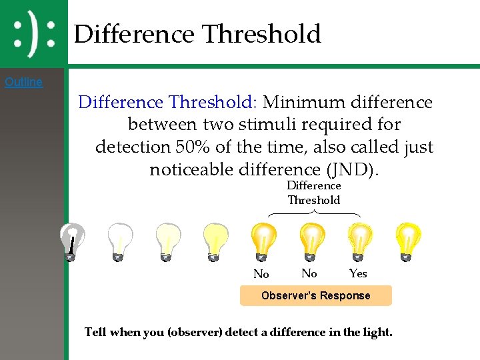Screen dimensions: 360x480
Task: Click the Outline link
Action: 23,83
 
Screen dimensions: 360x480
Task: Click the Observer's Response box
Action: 315,295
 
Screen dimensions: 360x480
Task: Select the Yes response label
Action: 358,273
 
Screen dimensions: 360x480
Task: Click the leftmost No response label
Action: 261,274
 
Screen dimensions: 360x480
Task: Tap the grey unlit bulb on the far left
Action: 71,242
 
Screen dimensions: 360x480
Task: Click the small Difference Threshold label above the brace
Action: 314,193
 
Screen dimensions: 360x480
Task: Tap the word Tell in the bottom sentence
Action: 96,332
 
